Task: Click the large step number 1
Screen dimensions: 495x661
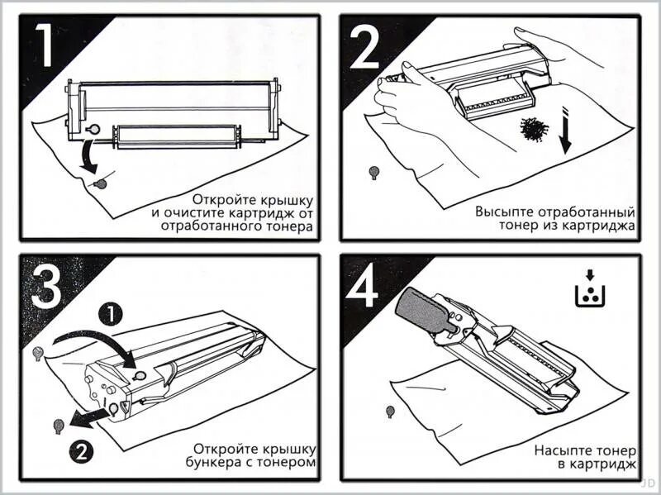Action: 46,45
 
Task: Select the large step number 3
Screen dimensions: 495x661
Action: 46,285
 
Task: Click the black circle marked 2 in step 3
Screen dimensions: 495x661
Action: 81,450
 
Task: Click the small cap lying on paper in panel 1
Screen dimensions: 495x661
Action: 101,183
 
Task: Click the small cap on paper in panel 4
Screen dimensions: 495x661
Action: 390,411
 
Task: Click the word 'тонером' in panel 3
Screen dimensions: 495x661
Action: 290,464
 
